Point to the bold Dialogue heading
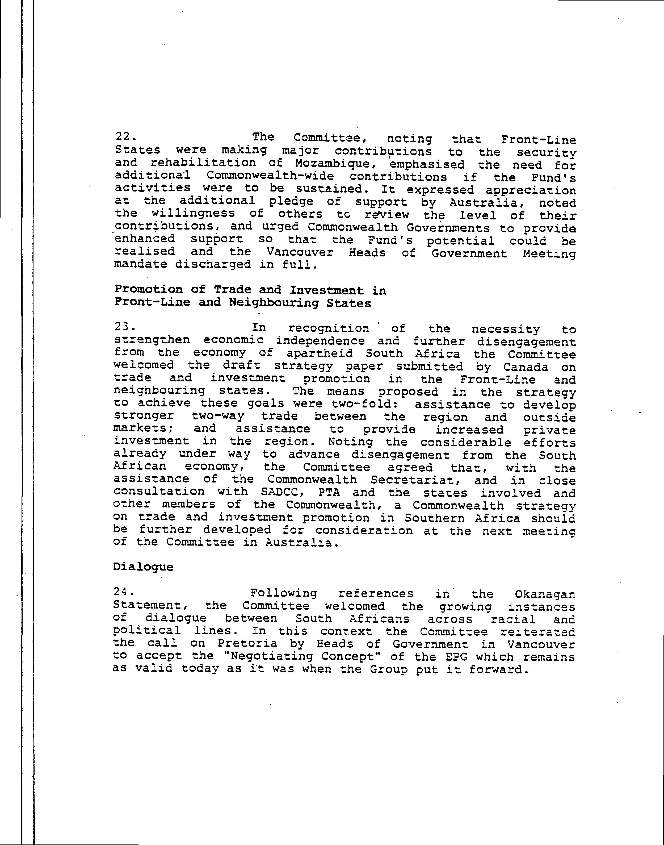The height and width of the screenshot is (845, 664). (x=143, y=567)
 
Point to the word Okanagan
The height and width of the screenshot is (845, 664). (x=545, y=594)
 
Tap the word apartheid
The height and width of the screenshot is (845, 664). (x=320, y=354)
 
